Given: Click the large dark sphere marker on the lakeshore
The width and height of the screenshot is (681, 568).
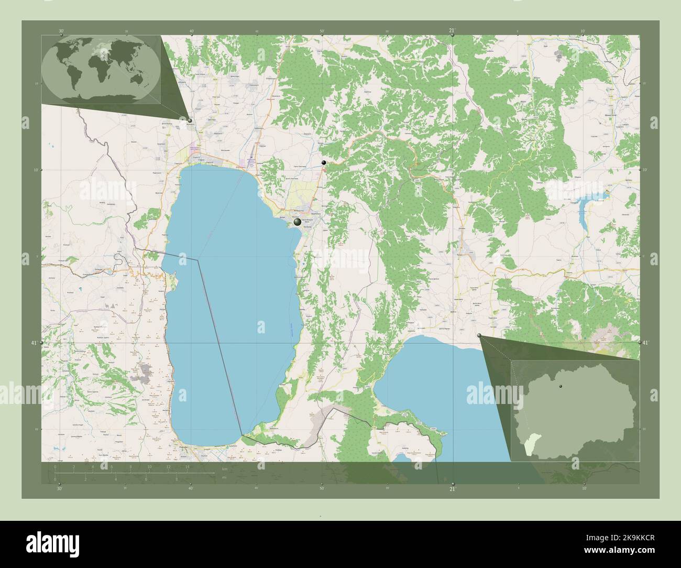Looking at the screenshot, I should (298, 222).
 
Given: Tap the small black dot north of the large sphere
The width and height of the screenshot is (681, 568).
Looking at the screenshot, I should (324, 162).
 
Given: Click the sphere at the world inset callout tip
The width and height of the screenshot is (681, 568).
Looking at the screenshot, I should (190, 121).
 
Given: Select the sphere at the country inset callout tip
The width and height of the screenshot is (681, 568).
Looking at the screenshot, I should (479, 336).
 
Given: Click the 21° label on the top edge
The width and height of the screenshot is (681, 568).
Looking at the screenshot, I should (452, 31).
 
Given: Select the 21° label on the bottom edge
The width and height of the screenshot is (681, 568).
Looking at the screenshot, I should (452, 488).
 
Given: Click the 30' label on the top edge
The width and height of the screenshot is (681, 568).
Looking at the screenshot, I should (61, 31).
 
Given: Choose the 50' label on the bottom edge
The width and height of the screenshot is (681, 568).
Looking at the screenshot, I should (322, 488).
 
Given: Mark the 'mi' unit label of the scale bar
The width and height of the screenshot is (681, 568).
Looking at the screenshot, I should (224, 477).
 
